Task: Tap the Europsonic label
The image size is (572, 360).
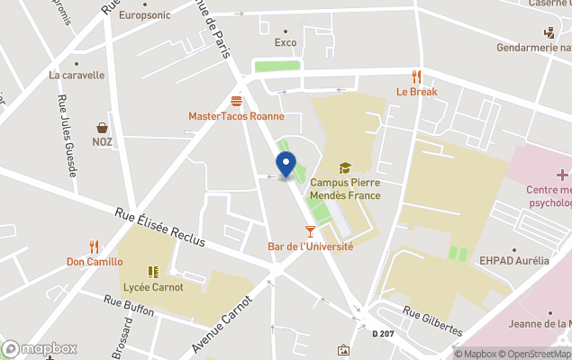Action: (x=144, y=14)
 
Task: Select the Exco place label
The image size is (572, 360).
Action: (x=286, y=42)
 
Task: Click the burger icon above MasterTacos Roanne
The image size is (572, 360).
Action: (x=236, y=101)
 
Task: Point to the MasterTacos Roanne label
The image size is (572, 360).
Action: (x=236, y=116)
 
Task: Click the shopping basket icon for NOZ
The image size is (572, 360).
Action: (x=103, y=128)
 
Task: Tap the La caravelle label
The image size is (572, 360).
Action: (x=77, y=76)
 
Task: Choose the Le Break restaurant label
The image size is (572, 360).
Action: (x=416, y=92)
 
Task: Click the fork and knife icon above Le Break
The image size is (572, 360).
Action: (x=416, y=76)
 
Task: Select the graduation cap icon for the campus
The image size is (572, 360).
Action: (x=344, y=167)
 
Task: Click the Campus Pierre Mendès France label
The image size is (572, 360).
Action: (x=345, y=188)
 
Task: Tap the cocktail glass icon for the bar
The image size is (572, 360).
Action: (x=311, y=231)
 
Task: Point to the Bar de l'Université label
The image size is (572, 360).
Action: (x=311, y=247)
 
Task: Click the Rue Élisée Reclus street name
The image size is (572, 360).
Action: (x=159, y=228)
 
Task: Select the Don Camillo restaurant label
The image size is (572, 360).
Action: (x=94, y=262)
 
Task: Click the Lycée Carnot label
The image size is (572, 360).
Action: (x=153, y=287)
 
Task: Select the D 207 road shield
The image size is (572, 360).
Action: (x=384, y=334)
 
